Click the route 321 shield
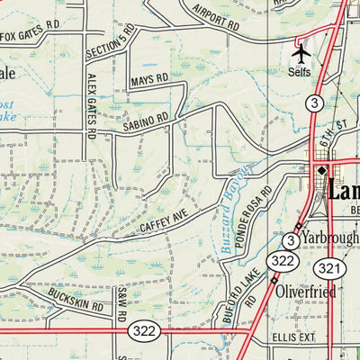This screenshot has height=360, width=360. pos(328,267)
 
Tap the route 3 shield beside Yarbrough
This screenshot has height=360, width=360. pos(291,240)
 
